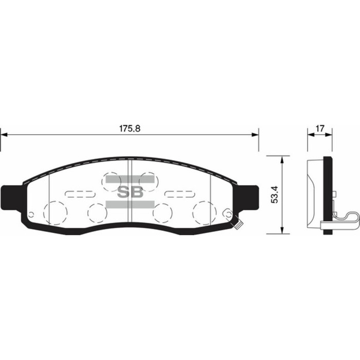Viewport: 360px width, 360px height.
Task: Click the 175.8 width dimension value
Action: click(x=129, y=128)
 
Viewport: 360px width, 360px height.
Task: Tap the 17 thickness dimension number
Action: click(x=320, y=129)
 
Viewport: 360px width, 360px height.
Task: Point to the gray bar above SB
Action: click(x=130, y=179)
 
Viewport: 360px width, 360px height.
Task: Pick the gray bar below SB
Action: click(x=130, y=204)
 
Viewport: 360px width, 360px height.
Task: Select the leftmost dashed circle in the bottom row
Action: click(x=55, y=212)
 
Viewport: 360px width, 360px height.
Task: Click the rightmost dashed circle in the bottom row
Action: click(x=204, y=212)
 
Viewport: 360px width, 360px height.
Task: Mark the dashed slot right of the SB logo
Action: click(x=178, y=194)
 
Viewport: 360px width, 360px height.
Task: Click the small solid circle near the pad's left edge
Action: click(x=31, y=214)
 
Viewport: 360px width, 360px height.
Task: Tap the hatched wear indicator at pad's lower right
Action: click(x=238, y=224)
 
